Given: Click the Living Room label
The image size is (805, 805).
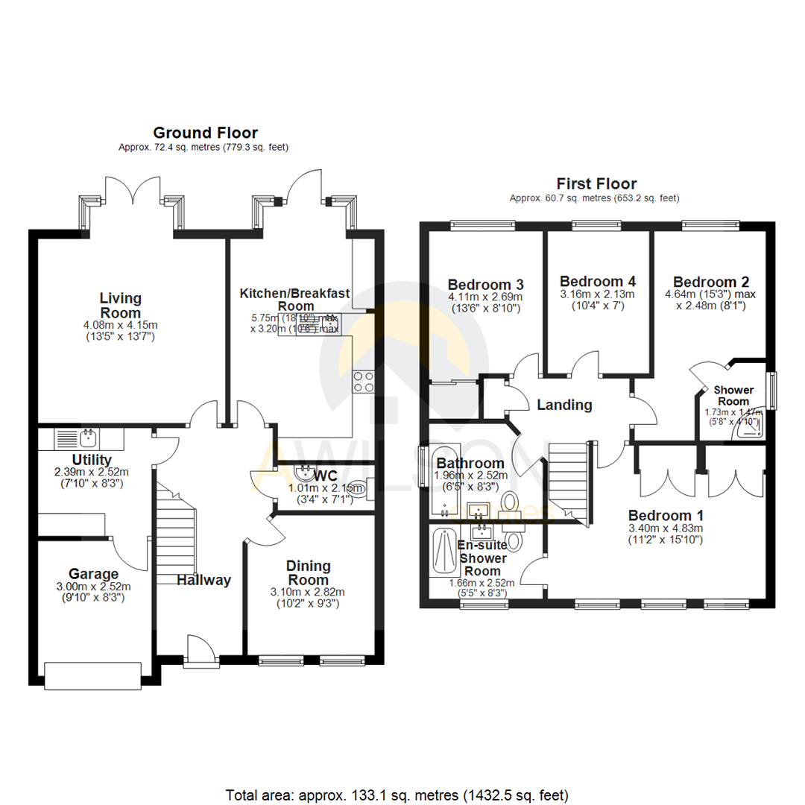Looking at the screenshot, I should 121,304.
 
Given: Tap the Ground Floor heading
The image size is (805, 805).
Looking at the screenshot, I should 205,133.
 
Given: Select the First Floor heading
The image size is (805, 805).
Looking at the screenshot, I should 596,183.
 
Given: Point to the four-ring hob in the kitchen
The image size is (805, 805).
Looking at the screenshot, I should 364,382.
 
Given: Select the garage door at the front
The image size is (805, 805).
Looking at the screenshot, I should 92,675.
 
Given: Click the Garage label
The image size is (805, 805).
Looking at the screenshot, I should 93,574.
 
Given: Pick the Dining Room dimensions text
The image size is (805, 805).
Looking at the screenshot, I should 308,599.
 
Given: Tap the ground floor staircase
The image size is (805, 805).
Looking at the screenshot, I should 176,533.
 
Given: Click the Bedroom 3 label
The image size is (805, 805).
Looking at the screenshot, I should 485,285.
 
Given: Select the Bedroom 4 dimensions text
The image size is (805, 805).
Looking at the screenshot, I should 597,300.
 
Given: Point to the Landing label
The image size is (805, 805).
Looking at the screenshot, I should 564,405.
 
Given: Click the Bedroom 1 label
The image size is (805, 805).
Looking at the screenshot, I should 665,516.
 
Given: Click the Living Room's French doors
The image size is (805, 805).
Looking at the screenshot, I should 133,192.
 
